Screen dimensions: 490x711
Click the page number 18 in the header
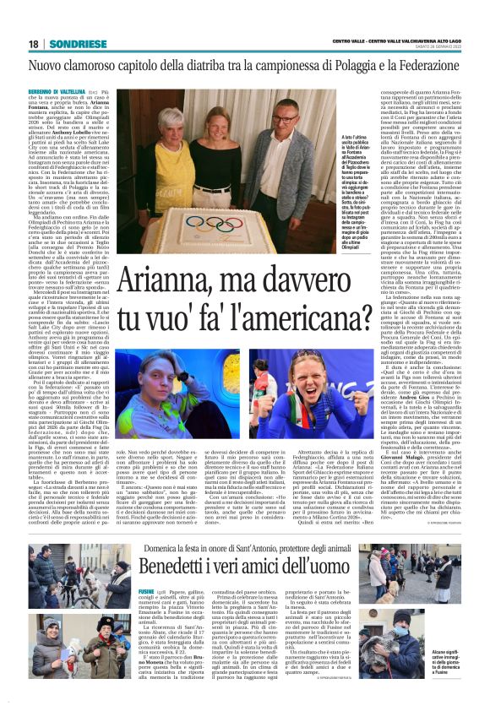pyautogui.click(x=33, y=43)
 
